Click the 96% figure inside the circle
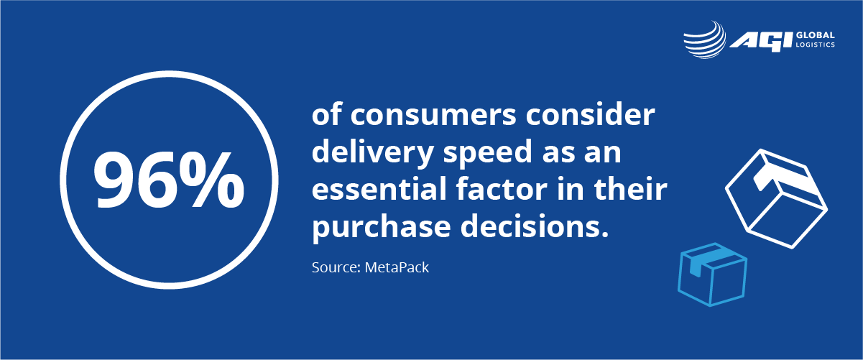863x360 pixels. tap(169, 180)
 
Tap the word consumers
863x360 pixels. tap(433, 115)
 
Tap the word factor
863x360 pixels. tap(502, 189)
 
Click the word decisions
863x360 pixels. tap(535, 226)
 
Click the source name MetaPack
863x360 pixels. tap(397, 267)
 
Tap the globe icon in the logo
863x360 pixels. tap(705, 40)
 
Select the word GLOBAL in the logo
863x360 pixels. tap(816, 35)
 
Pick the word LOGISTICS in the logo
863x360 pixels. tap(816, 45)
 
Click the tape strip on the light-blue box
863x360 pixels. tap(699, 262)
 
